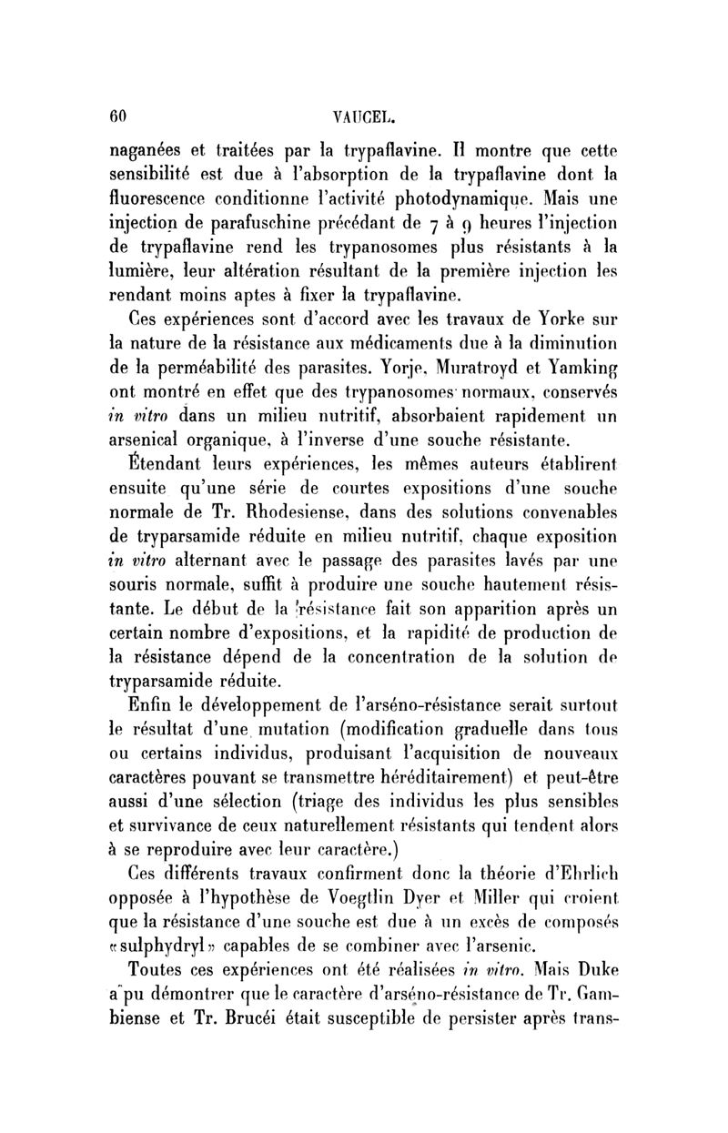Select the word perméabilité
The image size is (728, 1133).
238,369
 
